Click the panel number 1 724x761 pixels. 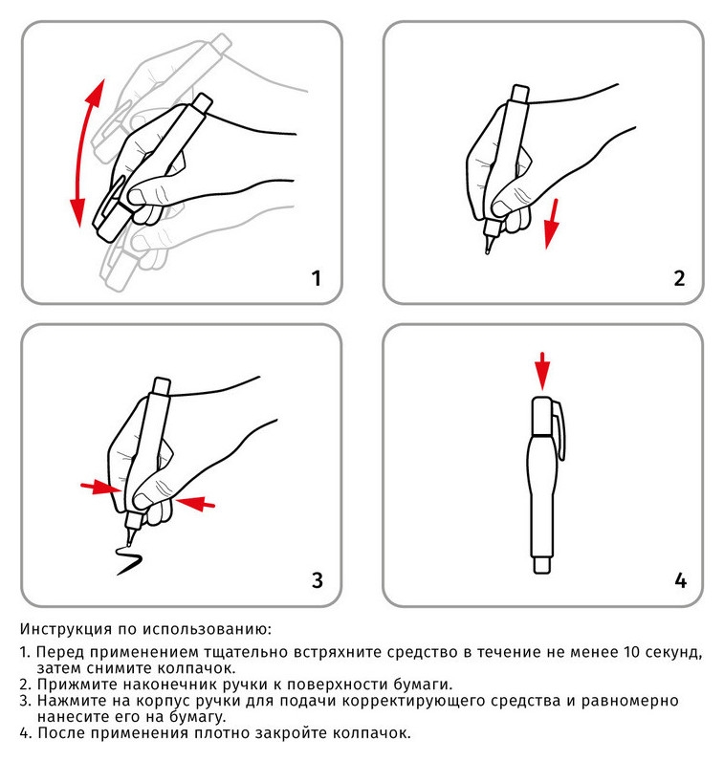point(316,279)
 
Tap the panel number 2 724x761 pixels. point(678,279)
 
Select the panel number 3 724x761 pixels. point(317,579)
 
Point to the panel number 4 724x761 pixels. point(680,579)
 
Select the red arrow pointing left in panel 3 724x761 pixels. point(197,501)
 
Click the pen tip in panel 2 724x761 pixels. point(489,250)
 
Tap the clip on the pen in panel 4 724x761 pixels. point(564,435)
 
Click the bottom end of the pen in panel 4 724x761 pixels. point(542,565)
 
